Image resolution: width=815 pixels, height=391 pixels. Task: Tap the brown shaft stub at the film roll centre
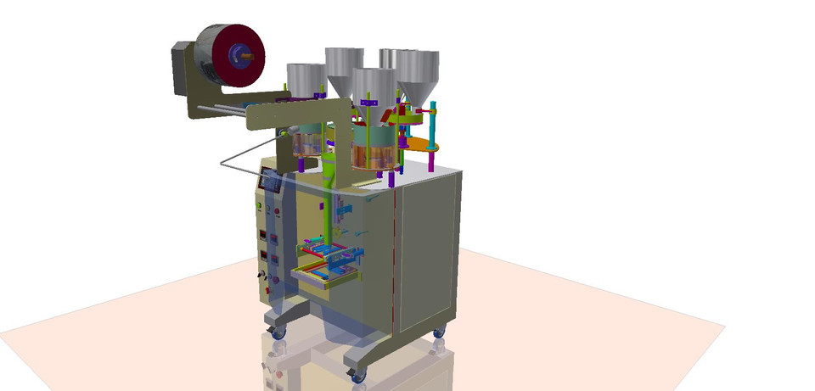coord(249,55)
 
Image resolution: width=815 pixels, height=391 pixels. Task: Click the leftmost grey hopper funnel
coord(303,78)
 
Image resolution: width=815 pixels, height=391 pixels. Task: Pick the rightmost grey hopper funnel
coord(417,71)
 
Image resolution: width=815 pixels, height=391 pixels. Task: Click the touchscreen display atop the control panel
coord(270,181)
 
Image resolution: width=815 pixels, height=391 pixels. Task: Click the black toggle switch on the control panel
coord(262,276)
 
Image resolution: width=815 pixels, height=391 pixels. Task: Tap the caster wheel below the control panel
coord(278,332)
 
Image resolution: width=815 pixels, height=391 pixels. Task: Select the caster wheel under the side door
coord(438,332)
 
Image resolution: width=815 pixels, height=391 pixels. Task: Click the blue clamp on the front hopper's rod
coord(368,103)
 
